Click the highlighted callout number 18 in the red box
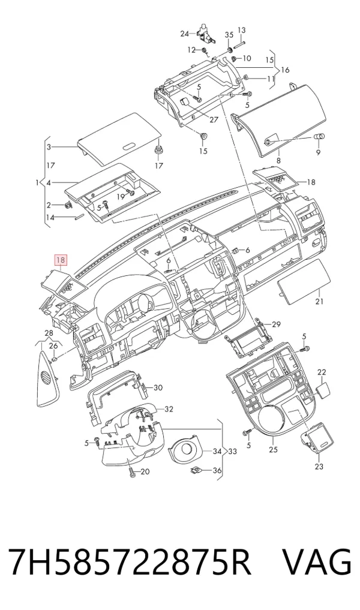coord(61,260)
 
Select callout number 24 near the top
coord(184,34)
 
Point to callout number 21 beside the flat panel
coord(320,301)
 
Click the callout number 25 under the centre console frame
coord(273,450)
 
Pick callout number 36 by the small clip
coord(217,471)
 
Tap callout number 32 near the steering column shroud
coord(169,409)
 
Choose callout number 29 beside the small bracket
coord(276,324)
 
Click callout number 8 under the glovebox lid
coord(278,161)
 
